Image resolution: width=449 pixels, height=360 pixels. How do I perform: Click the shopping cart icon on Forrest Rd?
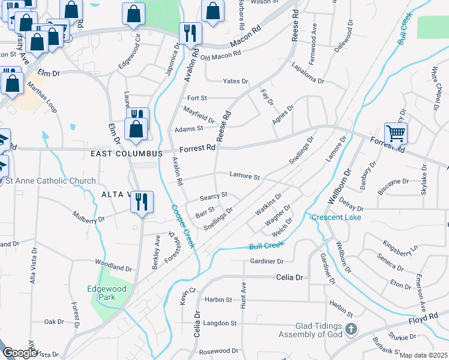396,133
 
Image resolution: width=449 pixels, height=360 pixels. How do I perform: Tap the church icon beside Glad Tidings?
352,329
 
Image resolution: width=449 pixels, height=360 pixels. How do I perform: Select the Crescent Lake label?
336,217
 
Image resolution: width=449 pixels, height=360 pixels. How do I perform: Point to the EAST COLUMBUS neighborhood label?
127,154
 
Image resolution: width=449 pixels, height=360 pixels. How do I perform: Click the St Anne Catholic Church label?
50,181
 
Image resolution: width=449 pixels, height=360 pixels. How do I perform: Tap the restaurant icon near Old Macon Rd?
190,35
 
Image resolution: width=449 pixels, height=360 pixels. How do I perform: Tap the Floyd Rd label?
424,317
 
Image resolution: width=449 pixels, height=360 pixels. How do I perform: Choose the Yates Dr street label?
235,81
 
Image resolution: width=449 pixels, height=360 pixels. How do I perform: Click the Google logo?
19,353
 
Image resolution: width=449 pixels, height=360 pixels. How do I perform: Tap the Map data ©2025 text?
423,355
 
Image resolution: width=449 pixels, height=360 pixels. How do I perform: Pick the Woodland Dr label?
113,267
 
